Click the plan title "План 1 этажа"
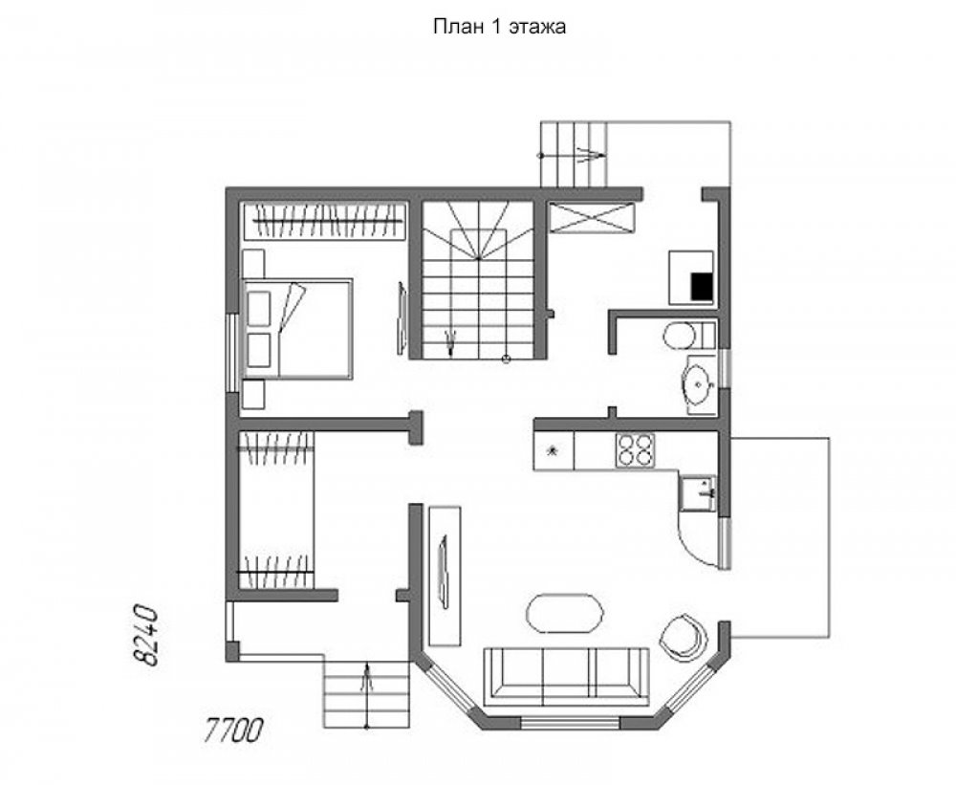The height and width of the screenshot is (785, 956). (499, 27)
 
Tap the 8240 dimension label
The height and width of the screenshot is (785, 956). (146, 636)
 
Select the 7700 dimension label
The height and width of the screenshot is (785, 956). (233, 730)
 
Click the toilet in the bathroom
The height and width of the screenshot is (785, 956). (689, 335)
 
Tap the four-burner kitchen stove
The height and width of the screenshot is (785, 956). (635, 450)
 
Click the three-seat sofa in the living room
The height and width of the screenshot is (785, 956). (566, 676)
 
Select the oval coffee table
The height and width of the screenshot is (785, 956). (565, 614)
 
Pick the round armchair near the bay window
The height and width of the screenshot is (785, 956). (684, 638)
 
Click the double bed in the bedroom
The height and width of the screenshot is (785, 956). (297, 329)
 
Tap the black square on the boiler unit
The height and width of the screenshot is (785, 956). (701, 287)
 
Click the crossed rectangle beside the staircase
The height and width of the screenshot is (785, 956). (591, 218)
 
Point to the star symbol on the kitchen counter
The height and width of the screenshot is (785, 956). (553, 450)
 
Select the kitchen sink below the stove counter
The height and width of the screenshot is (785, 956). (697, 492)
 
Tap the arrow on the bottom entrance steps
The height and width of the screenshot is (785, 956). (366, 695)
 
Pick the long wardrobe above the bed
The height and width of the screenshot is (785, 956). (325, 222)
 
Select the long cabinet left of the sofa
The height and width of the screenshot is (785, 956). (445, 576)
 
